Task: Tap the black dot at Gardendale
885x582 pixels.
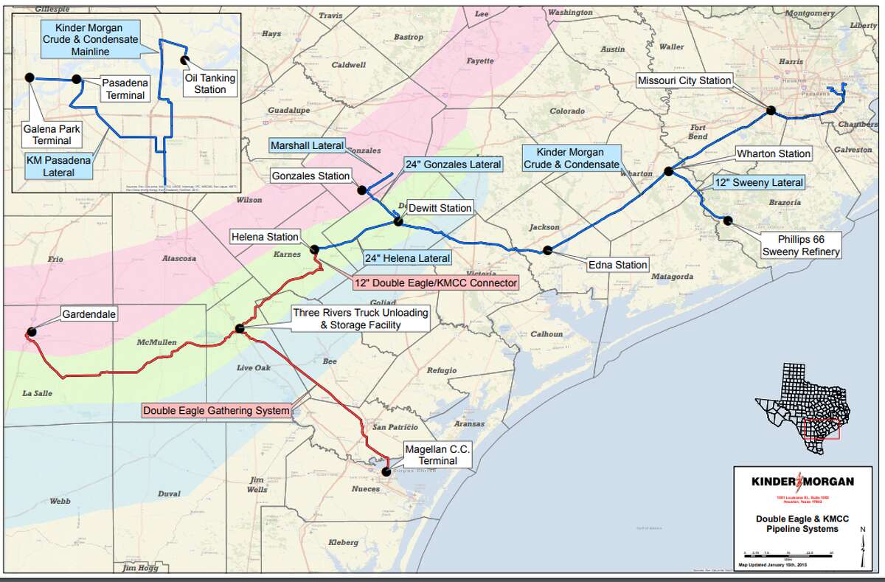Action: [x=31, y=332]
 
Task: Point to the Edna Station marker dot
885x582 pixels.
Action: [x=547, y=250]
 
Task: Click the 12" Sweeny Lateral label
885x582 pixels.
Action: [x=758, y=182]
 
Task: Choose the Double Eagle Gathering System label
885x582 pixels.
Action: [x=216, y=411]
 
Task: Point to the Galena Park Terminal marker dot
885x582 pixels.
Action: [x=29, y=77]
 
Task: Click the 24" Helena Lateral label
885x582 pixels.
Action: [x=407, y=258]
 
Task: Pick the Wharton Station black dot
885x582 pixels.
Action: [x=668, y=171]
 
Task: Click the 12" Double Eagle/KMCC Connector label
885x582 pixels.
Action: [x=434, y=282]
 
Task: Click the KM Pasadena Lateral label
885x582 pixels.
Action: [x=56, y=166]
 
